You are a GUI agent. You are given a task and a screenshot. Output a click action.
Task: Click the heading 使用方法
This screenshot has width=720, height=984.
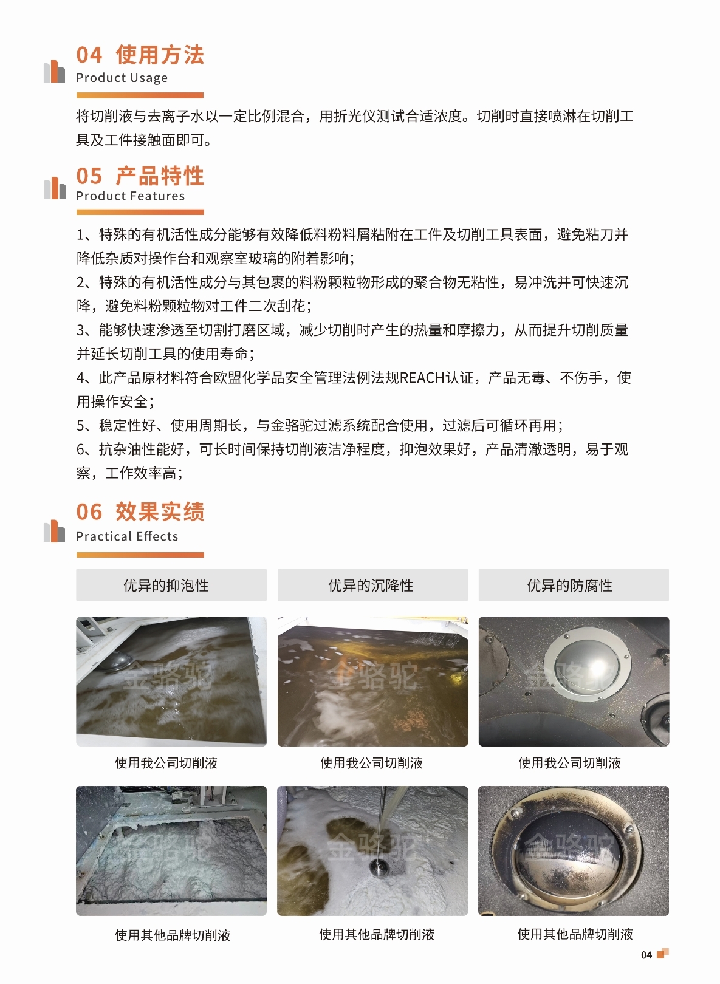pos(160,55)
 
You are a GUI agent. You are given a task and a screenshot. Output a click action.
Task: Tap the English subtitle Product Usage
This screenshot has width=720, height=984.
pos(122,78)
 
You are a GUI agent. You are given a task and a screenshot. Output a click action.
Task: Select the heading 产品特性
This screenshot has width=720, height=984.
pos(160,176)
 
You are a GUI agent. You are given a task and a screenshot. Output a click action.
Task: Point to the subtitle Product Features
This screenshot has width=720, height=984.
pos(131,196)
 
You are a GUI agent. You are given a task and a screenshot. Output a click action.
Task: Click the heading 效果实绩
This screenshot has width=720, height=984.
pos(160,512)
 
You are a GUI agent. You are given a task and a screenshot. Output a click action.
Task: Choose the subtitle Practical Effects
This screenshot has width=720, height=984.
pos(127,536)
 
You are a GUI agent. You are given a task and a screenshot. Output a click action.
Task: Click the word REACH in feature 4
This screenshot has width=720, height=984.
pos(422,377)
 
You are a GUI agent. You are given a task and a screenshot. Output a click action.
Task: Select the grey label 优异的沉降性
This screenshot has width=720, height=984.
pos(372,585)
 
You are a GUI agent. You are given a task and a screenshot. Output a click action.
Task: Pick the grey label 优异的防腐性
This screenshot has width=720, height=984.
pos(574,585)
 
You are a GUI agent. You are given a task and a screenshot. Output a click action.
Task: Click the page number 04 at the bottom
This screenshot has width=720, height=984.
pos(646,955)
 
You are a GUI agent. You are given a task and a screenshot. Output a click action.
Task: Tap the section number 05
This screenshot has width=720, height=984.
pos(89,176)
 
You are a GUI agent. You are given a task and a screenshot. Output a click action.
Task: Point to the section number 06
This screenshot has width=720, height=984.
pos(89,512)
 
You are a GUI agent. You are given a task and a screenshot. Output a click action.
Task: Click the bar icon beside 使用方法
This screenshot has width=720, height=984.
pos(55,72)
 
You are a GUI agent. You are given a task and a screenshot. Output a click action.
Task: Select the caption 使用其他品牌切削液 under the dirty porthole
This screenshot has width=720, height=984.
pos(575,934)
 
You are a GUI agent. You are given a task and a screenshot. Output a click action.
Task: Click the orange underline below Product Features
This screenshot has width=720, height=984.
pos(140,212)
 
